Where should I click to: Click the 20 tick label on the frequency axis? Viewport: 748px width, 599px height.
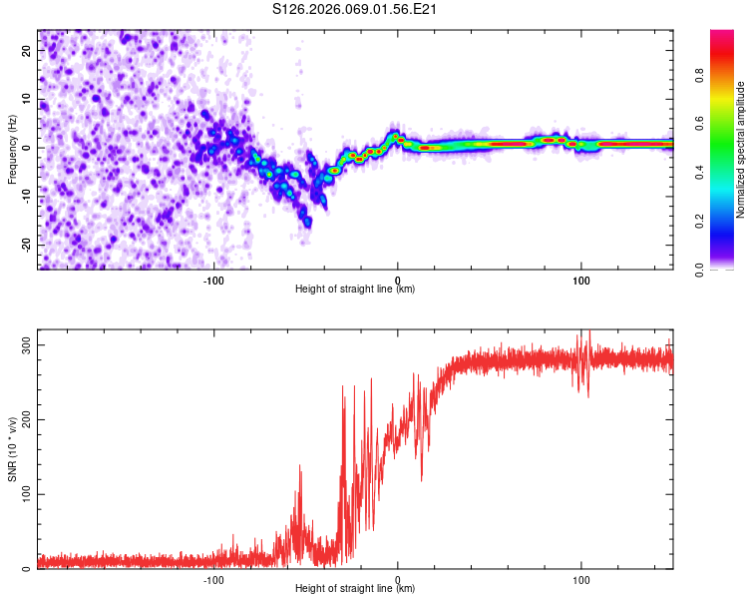(26, 52)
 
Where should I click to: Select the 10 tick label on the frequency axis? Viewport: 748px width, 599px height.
(26, 100)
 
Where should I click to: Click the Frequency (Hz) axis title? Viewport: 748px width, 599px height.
(12, 149)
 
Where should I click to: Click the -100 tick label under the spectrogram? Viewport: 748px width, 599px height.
(213, 281)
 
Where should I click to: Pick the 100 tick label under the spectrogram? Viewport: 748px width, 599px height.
(580, 281)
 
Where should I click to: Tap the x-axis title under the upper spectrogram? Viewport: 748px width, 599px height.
(356, 290)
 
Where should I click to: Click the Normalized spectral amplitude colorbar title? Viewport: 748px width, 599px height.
(741, 149)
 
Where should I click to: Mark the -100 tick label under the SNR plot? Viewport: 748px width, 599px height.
(213, 580)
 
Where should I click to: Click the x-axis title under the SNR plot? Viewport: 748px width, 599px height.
(356, 589)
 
